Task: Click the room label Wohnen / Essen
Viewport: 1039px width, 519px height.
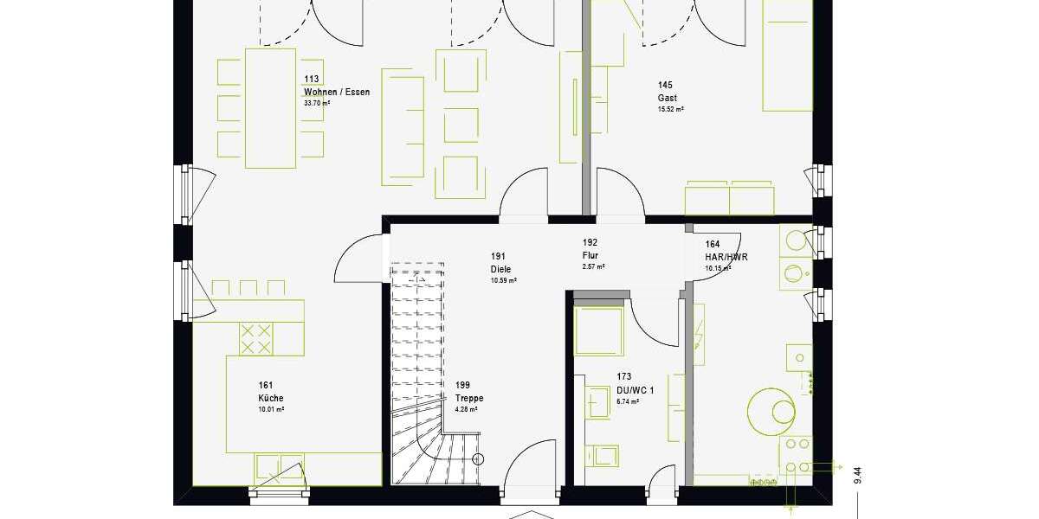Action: [x=336, y=92]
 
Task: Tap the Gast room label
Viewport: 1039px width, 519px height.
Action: [x=667, y=98]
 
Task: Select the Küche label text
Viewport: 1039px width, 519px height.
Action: [x=270, y=398]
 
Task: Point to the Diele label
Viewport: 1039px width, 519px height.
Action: [x=500, y=269]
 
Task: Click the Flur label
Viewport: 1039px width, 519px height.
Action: [x=591, y=256]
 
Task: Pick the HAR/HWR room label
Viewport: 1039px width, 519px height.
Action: [x=726, y=257]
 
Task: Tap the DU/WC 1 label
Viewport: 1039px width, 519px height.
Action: [x=635, y=390]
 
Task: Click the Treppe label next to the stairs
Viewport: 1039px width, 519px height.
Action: [x=469, y=398]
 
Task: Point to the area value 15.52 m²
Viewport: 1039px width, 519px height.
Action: [x=670, y=109]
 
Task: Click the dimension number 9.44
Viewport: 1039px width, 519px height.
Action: [x=857, y=475]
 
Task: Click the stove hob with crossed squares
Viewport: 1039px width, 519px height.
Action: [x=255, y=338]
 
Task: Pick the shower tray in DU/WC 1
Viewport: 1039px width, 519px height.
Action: [x=599, y=330]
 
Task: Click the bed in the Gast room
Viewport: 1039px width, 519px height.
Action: [x=787, y=55]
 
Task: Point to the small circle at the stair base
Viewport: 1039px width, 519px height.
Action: [x=479, y=460]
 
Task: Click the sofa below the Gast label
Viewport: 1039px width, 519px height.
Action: [x=729, y=198]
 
